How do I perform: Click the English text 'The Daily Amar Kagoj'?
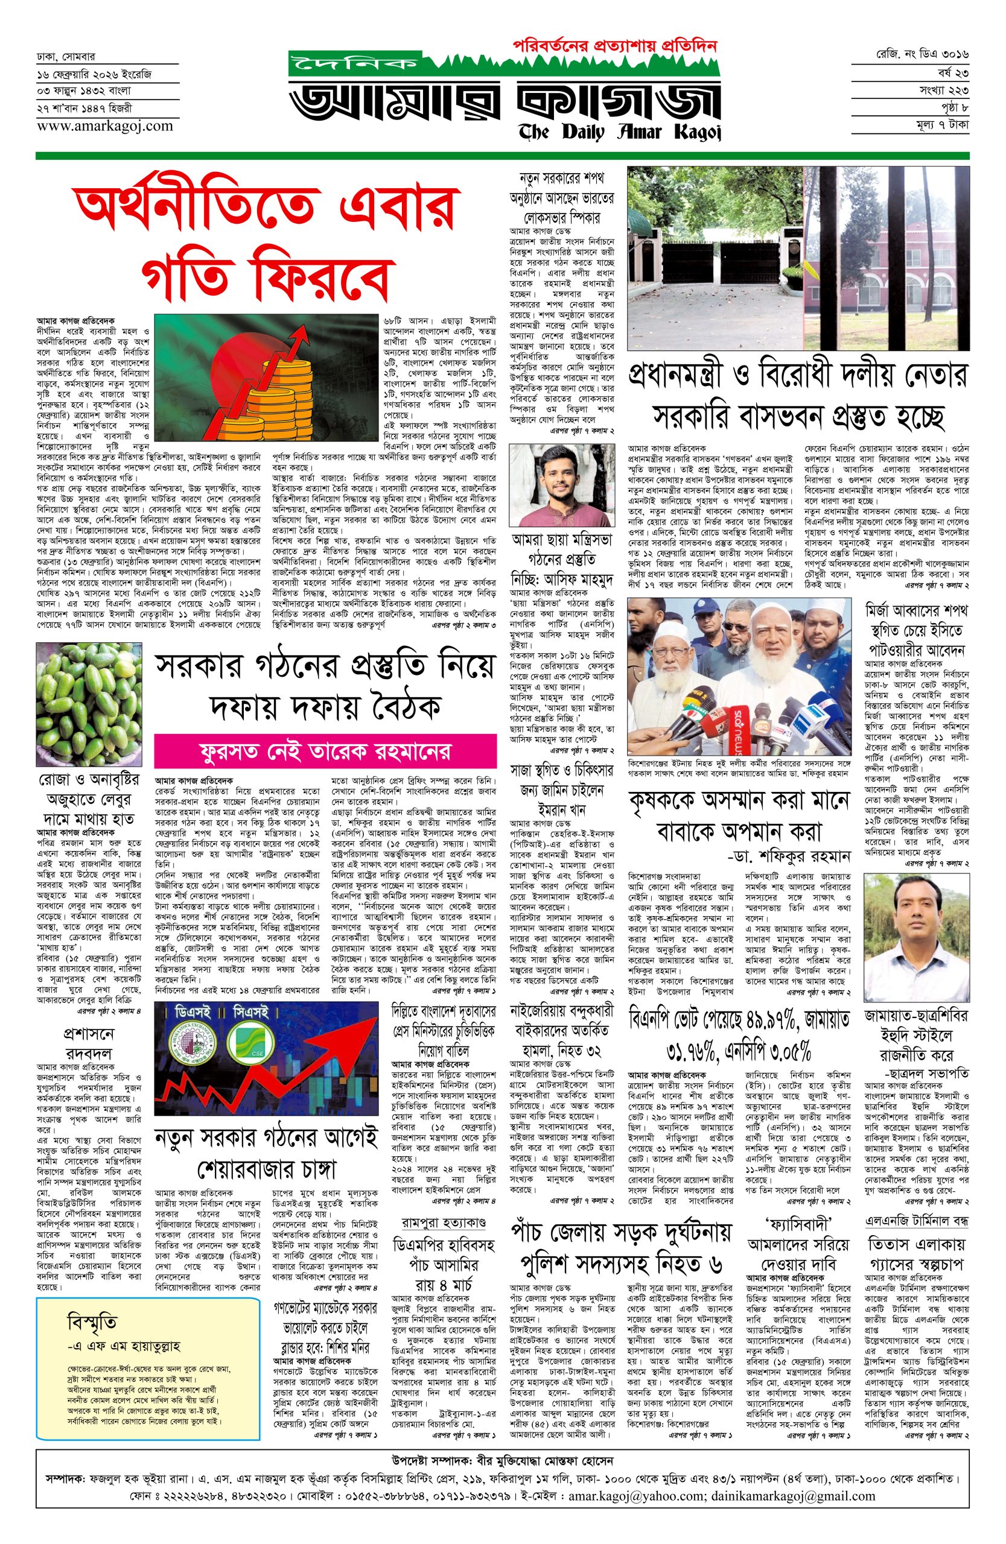click(x=620, y=131)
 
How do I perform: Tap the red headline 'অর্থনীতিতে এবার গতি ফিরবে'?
click(x=267, y=240)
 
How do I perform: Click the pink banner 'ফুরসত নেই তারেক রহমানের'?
click(x=325, y=751)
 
